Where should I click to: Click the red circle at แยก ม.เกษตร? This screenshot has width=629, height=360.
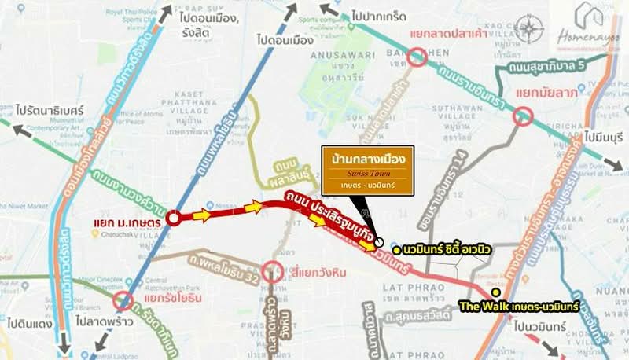(x=175, y=219)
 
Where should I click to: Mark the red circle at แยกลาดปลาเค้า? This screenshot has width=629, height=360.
(x=417, y=56)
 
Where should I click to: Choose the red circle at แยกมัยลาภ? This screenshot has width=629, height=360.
(x=522, y=117)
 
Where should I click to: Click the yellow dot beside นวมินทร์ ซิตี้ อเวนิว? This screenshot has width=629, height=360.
(x=396, y=249)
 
